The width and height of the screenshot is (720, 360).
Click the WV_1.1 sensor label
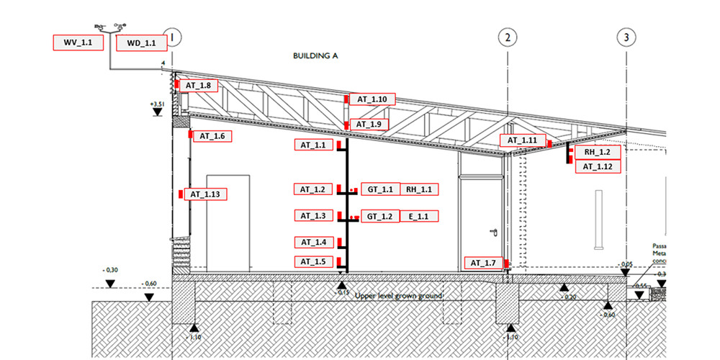coord(78,42)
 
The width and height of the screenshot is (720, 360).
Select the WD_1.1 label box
coord(141,43)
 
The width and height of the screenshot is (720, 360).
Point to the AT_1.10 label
coord(372,99)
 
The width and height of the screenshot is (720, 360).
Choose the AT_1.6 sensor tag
coord(212,135)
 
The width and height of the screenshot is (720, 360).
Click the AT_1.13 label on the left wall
coord(207,194)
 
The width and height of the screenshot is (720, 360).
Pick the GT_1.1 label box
coord(379,189)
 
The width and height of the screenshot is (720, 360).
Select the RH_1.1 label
coord(418,189)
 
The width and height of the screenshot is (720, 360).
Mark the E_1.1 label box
coord(418,216)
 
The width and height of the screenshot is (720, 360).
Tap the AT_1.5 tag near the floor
coord(313,261)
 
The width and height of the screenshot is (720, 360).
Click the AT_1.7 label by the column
coord(484,264)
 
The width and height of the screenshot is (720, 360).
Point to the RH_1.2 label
coord(597,153)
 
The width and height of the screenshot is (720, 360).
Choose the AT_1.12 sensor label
coord(597,166)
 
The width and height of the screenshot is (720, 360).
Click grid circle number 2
coord(508,37)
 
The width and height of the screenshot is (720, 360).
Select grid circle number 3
coord(627,37)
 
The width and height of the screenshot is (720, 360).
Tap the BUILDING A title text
coord(315,55)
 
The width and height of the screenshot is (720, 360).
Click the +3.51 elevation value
coord(158,104)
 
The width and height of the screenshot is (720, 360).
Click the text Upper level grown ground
coord(398,296)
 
